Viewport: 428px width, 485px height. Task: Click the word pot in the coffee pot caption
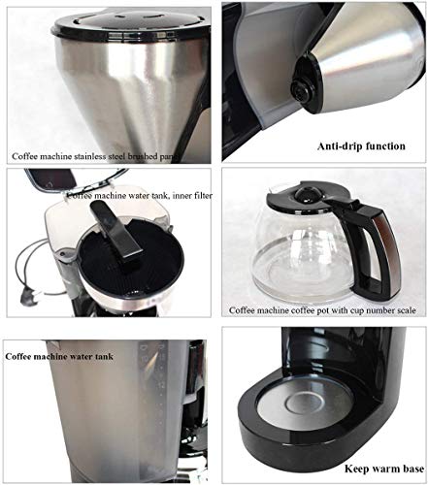310,311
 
